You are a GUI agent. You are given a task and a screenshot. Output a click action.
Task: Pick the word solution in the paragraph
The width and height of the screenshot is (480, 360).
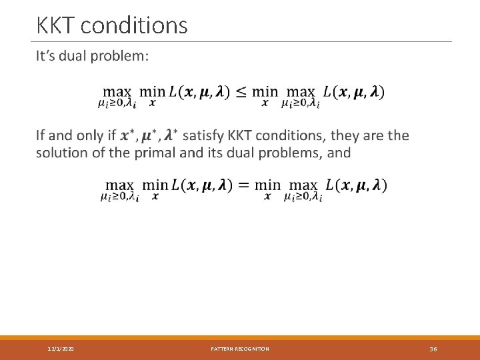pos(61,153)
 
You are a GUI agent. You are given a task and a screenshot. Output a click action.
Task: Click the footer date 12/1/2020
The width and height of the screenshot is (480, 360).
pos(61,349)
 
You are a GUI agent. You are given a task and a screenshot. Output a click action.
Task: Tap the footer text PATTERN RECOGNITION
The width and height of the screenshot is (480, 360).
pos(240,349)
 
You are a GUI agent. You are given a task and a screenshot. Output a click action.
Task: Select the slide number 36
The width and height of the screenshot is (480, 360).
pos(433,349)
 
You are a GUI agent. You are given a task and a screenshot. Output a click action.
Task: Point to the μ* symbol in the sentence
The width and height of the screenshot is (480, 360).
pos(149,135)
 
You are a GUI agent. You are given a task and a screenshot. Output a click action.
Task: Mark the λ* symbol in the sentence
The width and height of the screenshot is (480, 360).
pos(169,135)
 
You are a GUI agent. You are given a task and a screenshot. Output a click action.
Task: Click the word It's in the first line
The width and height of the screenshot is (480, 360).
pos(48,56)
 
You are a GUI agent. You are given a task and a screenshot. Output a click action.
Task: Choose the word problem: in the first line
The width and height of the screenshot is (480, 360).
pos(123,56)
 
